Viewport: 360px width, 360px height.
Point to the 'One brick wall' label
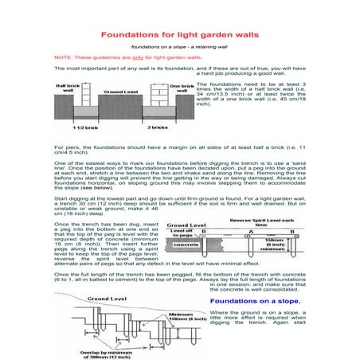tap(182, 88)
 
